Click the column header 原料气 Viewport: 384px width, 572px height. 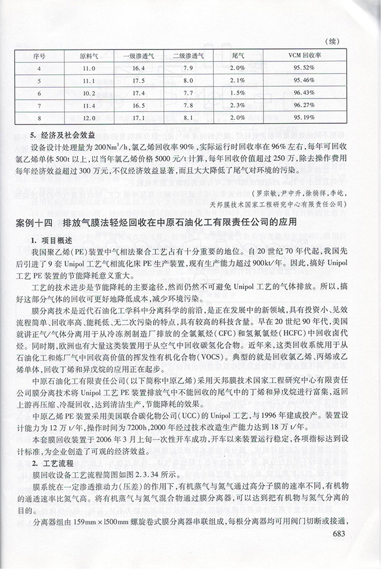click(88, 57)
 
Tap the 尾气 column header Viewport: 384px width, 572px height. click(238, 57)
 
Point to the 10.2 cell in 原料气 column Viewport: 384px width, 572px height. click(88, 93)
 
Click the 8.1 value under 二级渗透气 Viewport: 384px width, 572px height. click(188, 118)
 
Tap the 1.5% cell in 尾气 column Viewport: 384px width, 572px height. click(238, 93)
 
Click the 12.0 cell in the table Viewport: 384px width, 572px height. click(88, 118)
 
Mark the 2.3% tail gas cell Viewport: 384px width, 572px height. click(238, 106)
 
